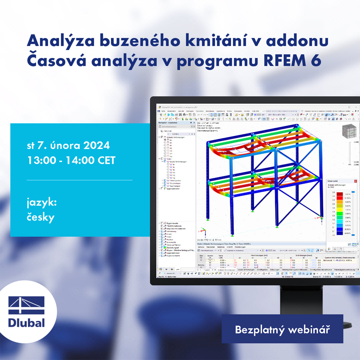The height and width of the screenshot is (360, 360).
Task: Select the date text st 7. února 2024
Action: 68,145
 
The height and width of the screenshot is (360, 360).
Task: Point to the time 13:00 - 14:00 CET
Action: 71,160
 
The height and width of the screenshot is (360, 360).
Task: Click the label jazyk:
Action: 41,202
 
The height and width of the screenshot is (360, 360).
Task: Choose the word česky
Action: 41,217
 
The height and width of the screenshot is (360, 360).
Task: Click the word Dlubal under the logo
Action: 26,322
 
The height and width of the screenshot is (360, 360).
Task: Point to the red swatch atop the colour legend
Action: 340,194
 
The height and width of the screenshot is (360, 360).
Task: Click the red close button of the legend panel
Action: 355,181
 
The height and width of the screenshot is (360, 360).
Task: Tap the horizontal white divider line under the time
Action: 79,180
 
